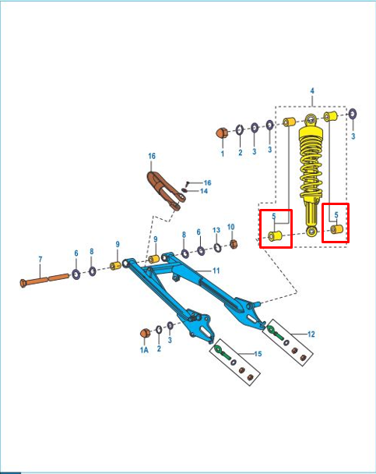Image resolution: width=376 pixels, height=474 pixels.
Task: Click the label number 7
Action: (x=40, y=260)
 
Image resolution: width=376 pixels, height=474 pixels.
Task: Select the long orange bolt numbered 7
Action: (x=44, y=279)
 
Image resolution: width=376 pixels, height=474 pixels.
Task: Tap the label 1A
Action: (x=144, y=350)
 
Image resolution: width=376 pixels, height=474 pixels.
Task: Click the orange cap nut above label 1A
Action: (x=145, y=333)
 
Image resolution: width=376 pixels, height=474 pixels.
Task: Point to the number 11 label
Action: (x=216, y=271)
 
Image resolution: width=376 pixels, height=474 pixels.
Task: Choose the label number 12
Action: (x=311, y=334)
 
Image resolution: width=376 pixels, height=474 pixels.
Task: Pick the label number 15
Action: (x=258, y=354)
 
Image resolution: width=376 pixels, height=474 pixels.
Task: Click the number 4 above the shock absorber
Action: (x=312, y=90)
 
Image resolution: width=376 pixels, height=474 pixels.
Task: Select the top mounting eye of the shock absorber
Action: (x=311, y=119)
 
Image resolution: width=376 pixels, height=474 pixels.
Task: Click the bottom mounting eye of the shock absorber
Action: (x=311, y=232)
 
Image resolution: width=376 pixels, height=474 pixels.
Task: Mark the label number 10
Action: (x=231, y=227)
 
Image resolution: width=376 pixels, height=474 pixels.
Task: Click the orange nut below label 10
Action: (x=233, y=244)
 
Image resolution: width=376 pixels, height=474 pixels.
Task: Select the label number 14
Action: (x=204, y=191)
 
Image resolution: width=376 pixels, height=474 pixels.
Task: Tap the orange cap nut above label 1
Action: (x=222, y=133)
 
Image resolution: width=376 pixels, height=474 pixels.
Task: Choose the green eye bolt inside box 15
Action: (x=222, y=352)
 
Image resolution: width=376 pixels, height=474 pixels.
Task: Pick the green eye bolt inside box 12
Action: (x=274, y=332)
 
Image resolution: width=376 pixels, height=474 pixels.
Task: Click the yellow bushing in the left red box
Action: (x=275, y=235)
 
